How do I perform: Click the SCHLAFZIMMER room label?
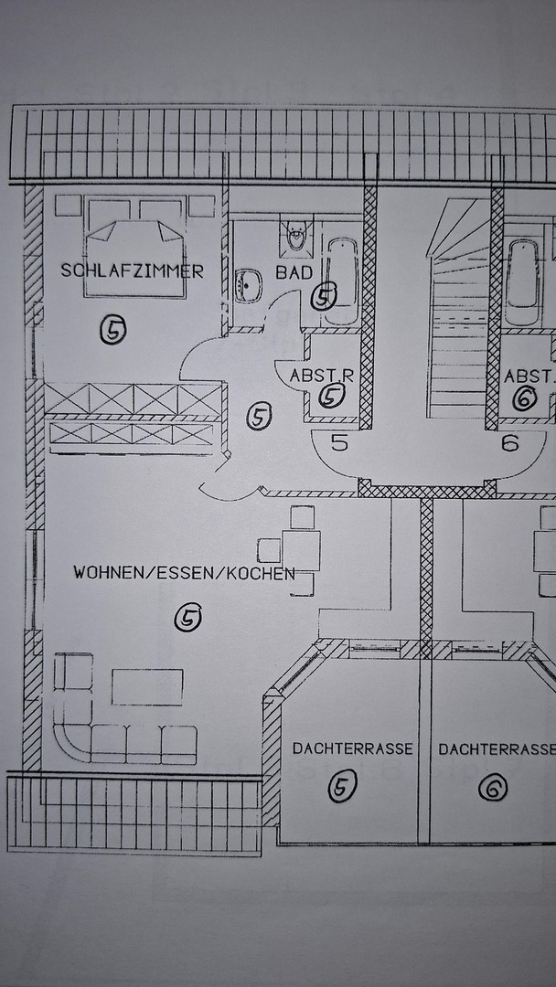133,271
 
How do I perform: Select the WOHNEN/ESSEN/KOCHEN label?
184,573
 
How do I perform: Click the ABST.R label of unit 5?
322,376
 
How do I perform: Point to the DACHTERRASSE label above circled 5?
353,749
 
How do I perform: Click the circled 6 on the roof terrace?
492,788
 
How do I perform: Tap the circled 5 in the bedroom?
112,329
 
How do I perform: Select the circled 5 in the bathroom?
324,296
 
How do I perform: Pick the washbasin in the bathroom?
250,285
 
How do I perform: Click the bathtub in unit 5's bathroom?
343,281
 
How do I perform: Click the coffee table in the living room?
147,686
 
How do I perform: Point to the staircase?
458,309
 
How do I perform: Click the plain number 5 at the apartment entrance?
339,443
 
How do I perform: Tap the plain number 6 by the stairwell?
510,443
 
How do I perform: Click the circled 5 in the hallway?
259,416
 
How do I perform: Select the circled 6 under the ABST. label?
525,398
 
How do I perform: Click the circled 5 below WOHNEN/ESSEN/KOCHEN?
187,617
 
